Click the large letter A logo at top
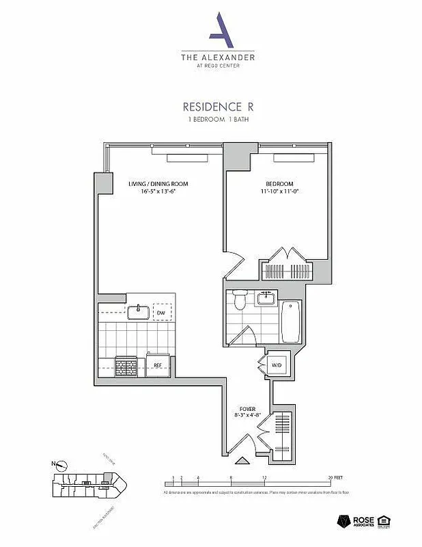tap(218, 29)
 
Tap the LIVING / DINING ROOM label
tap(158, 184)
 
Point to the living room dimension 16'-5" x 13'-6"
tap(158, 192)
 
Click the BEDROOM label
tap(279, 184)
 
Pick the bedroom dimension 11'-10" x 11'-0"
tap(279, 192)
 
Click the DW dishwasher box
tap(162, 313)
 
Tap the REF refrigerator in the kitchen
tap(158, 364)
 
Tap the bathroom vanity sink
tap(265, 297)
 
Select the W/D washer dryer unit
tap(277, 364)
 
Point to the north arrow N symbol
tap(61, 466)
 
